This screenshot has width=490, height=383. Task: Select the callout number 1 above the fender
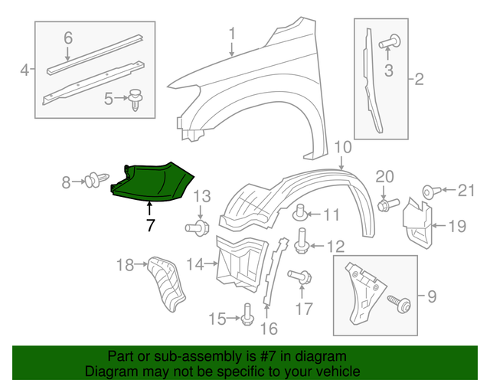(x=232, y=34)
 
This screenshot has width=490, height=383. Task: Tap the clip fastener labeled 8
(x=95, y=182)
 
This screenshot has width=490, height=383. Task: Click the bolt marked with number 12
(x=302, y=242)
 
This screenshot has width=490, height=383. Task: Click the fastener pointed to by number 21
(x=430, y=190)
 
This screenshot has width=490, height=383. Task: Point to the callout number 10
(x=341, y=146)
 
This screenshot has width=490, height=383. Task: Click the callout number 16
(x=267, y=329)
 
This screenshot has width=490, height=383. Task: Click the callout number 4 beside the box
(x=24, y=70)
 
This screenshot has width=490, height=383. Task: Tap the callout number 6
(x=68, y=38)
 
